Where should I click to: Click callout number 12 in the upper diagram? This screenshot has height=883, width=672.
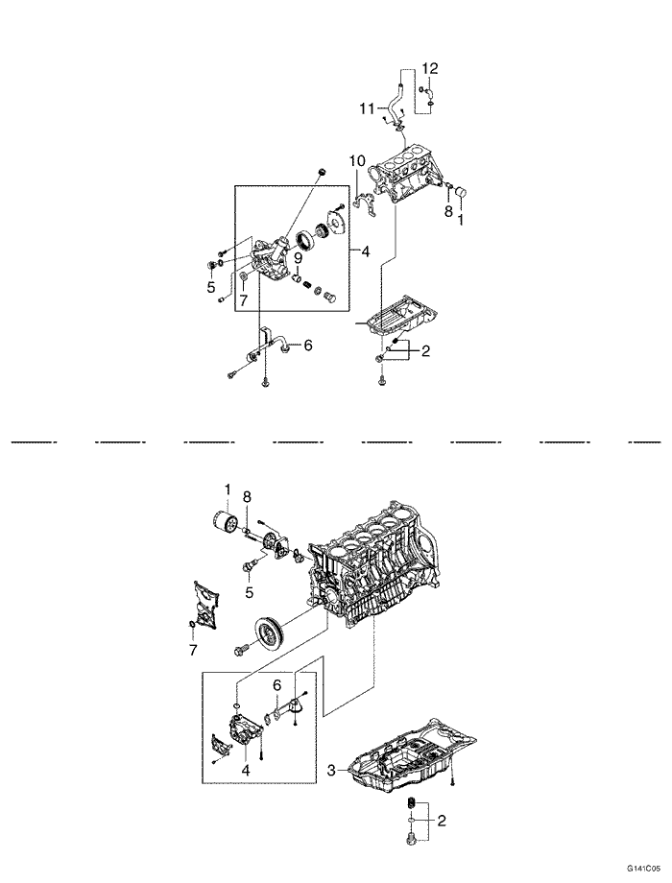430,69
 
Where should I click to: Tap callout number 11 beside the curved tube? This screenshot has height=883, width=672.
368,108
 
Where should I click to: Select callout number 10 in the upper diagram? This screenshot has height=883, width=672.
357,160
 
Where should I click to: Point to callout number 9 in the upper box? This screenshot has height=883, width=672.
298,258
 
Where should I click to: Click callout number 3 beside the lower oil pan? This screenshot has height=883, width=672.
332,769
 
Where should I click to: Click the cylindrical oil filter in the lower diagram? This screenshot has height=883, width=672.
225,521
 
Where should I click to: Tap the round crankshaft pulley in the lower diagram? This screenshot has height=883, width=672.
271,636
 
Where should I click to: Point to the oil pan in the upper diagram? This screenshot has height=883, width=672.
402,320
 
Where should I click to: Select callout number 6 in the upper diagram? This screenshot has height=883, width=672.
307,345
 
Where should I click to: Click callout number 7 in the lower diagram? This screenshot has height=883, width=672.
193,651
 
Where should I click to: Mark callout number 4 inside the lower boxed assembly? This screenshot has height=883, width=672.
246,769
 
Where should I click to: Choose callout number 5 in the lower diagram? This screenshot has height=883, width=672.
249,592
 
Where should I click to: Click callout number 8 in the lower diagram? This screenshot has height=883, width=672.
247,497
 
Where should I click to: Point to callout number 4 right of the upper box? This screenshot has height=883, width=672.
365,251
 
